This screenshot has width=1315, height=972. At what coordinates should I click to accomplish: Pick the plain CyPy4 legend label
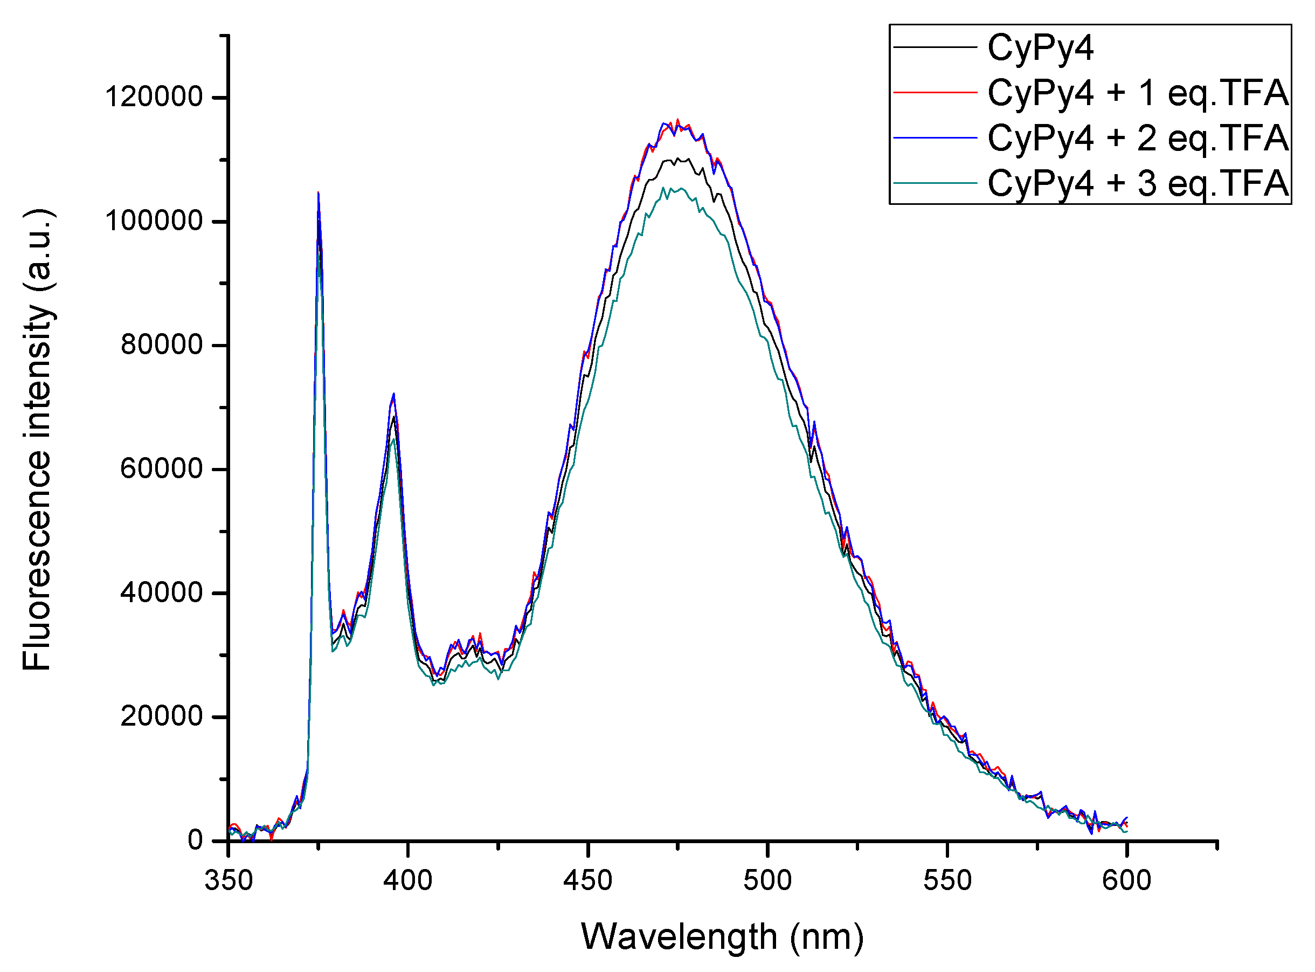coord(1040,47)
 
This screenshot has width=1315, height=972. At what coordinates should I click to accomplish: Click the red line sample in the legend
coord(935,92)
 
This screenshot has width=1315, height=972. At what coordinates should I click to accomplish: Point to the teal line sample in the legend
coord(935,183)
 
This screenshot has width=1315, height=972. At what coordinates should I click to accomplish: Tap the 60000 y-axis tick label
coord(162,469)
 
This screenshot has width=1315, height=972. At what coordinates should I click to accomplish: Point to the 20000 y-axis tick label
coord(162,716)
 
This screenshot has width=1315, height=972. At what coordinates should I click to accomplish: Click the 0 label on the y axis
coord(195,840)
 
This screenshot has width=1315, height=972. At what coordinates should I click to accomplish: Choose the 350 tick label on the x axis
coord(229,881)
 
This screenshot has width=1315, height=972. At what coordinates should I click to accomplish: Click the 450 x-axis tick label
coord(588,881)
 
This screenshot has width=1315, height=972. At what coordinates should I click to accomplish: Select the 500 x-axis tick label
coord(767,881)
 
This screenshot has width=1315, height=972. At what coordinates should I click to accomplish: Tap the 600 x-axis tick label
coord(1127,881)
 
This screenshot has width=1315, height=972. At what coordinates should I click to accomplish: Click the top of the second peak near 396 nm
coord(393,394)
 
